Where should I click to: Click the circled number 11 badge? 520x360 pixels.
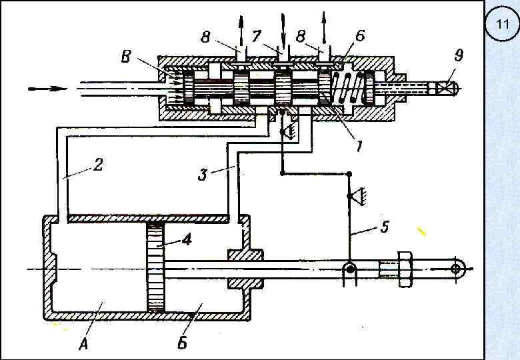pos(502,24)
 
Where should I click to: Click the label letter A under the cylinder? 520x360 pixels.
pos(84,344)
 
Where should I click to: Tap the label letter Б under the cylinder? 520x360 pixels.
pos(183,343)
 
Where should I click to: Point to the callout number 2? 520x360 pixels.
pos(98,165)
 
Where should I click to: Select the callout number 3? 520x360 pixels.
pos(202,174)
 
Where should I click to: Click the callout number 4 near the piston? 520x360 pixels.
pos(187,239)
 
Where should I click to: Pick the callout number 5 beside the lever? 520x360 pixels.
pos(384,227)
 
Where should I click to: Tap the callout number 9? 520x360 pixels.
pos(458,55)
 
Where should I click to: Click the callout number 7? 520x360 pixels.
pos(257,36)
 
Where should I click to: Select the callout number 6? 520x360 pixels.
pos(360,36)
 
